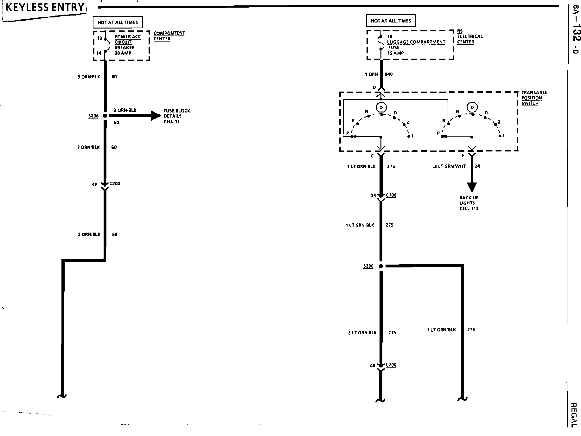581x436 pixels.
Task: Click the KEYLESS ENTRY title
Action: tap(45, 8)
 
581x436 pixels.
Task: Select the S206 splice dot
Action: tap(105, 116)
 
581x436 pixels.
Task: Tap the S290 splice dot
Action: tap(381, 266)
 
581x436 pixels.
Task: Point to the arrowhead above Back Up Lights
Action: tap(472, 187)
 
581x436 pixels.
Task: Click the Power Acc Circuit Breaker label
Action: tap(127, 45)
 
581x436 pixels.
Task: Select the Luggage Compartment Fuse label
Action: tap(416, 45)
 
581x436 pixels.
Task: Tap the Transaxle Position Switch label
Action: tap(534, 98)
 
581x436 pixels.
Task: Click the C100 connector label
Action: tap(391, 195)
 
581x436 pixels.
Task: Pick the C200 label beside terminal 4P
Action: tap(115, 184)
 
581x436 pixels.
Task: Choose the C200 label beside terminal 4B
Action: tap(391, 365)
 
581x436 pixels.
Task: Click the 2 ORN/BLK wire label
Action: tap(89, 234)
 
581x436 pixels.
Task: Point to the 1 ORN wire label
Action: tap(371, 74)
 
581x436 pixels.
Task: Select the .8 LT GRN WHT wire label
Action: tap(450, 166)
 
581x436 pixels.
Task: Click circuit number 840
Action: tap(389, 74)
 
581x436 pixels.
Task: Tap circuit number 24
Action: tap(477, 166)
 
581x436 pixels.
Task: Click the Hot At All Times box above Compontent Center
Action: tap(118, 22)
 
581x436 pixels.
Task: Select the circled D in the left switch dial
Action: tap(381, 108)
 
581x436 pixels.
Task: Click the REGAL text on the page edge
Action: tap(574, 415)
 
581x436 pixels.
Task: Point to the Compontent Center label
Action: tap(169, 36)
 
